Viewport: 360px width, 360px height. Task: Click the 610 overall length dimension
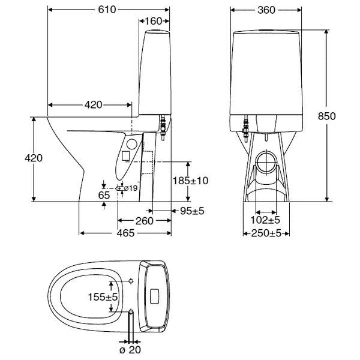(x=107, y=10)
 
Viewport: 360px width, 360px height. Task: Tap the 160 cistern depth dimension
(x=154, y=21)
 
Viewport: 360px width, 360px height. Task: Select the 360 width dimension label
(x=266, y=10)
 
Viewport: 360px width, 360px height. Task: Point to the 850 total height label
(x=326, y=116)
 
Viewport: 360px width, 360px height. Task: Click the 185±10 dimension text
(x=190, y=181)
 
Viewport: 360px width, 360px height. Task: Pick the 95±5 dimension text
(x=192, y=211)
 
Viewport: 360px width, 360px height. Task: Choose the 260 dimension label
(x=144, y=221)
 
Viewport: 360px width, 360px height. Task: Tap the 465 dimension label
(x=125, y=233)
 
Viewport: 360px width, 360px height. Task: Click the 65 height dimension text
(x=104, y=196)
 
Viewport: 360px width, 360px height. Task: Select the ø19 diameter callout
(x=130, y=188)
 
